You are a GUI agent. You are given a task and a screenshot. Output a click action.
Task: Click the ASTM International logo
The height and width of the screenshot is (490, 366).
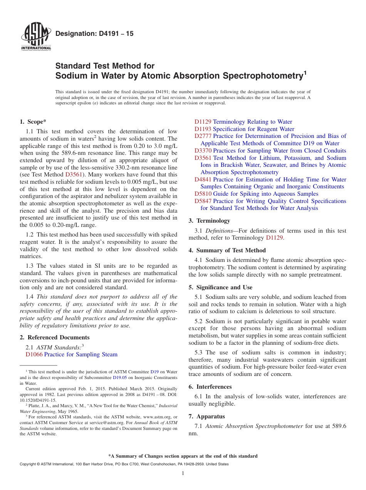click(x=36, y=37)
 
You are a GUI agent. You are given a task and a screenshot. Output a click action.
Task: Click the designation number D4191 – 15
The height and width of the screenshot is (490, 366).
click(x=94, y=34)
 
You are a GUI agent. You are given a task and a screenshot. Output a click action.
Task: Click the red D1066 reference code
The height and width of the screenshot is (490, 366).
click(x=34, y=354)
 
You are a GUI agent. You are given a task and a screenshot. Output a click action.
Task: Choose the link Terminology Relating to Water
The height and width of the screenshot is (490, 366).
click(x=252, y=122)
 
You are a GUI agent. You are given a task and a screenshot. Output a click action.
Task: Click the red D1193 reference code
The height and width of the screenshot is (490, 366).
click(x=203, y=129)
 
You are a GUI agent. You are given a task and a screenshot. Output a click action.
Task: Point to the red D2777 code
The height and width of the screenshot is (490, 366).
click(x=203, y=136)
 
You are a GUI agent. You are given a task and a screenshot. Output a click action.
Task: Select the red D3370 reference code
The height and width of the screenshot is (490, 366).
click(x=203, y=151)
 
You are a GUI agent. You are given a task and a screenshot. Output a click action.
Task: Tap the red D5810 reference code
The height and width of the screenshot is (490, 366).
click(x=203, y=194)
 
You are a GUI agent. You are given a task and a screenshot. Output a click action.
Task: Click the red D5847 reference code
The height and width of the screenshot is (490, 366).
click(x=203, y=201)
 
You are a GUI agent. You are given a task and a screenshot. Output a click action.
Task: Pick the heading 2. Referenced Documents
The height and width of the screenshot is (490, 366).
click(x=55, y=337)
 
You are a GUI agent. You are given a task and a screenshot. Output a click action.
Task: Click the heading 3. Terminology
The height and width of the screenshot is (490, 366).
click(x=209, y=221)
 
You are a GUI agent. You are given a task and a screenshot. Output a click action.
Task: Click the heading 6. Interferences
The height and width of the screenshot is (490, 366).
click(x=210, y=387)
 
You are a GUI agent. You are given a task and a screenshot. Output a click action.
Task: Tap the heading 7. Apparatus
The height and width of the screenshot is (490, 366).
click(x=207, y=416)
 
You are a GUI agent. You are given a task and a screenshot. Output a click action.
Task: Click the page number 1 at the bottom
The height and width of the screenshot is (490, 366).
click(x=183, y=473)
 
